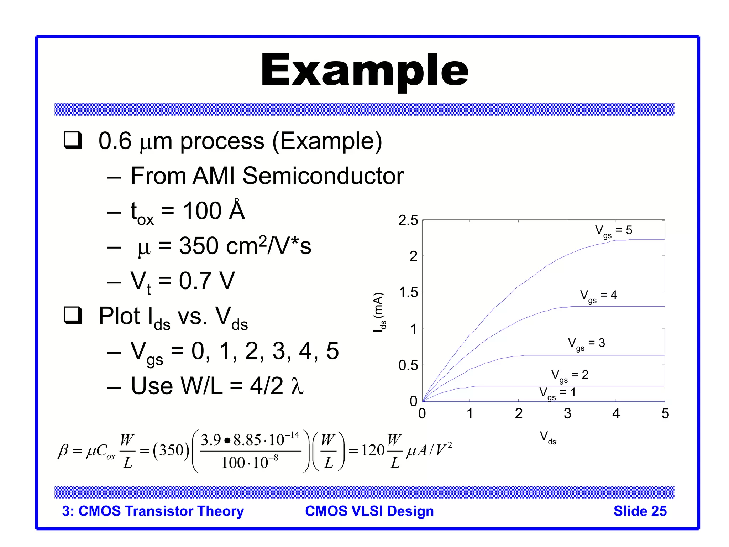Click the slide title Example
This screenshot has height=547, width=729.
[364, 70]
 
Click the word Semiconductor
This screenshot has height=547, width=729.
[323, 176]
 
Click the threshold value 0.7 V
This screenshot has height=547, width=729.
[206, 281]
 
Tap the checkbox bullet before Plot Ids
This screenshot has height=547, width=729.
[73, 315]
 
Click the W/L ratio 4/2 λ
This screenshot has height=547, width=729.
[277, 386]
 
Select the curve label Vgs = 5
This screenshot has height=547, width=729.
[613, 231]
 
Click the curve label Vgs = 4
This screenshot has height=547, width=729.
[598, 296]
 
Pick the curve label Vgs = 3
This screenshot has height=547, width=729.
[586, 344]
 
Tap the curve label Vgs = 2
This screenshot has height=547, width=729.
[570, 375]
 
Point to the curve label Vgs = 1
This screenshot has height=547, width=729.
[557, 393]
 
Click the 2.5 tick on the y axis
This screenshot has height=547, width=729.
[408, 220]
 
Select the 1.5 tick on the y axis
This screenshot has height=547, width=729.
[408, 293]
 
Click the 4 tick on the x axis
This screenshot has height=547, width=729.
[616, 413]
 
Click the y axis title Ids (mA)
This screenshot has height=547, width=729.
[379, 312]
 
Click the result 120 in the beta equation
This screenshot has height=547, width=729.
[373, 450]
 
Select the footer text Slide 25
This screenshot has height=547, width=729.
[640, 511]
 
